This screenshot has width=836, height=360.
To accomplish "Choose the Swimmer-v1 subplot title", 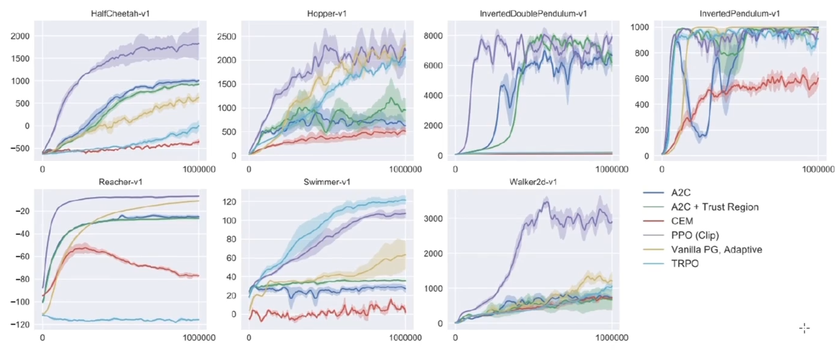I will (x=327, y=182).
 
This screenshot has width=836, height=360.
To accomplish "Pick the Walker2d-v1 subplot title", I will (x=533, y=182).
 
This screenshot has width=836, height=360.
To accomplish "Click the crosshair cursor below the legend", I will (x=805, y=329).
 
